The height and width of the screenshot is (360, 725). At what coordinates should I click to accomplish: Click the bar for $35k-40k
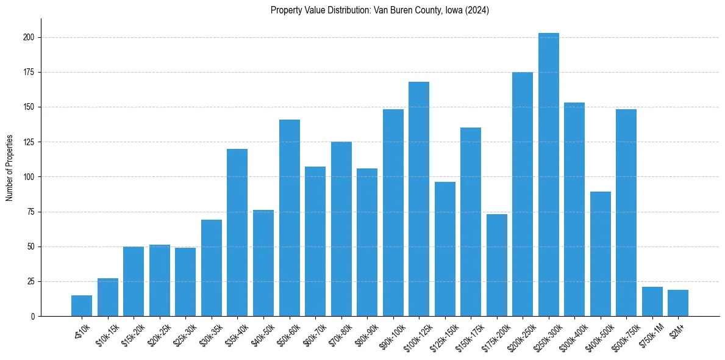(x=237, y=232)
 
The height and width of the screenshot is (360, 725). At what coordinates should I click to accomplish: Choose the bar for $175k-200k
(x=496, y=265)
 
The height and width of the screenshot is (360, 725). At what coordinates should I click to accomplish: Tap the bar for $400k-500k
(x=600, y=254)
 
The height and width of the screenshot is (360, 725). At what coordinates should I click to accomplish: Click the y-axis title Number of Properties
(x=10, y=168)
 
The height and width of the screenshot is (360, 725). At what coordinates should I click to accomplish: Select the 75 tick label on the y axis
(x=32, y=212)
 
